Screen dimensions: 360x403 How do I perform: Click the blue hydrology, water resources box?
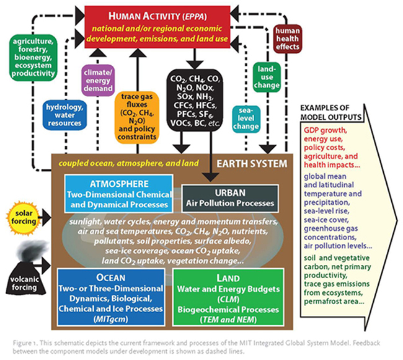coord(63,114)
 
